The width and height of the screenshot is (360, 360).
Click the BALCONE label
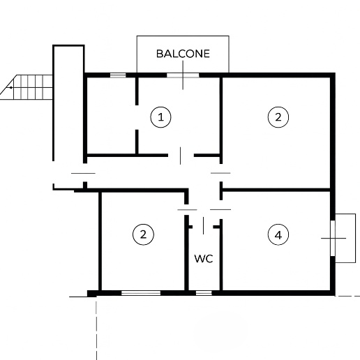coord(183,54)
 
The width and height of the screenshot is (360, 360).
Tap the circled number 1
coord(160,117)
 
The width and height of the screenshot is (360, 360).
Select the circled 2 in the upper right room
coord(278,117)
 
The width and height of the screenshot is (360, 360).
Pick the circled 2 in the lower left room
coord(143,234)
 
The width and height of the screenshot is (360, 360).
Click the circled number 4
coord(278,235)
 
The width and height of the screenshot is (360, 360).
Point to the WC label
coord(204,259)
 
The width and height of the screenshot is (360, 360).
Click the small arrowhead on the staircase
coord(10,87)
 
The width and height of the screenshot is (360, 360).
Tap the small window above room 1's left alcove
coord(118,75)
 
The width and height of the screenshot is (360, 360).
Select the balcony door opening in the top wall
coord(183,75)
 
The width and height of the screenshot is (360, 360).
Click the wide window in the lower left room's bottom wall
coord(141,293)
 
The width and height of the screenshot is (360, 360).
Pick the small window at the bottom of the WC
coord(204,293)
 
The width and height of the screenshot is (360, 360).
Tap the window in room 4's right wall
coord(333,238)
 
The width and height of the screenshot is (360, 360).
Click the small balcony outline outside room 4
coord(355,238)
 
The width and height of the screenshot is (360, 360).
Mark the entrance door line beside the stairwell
coord(83,173)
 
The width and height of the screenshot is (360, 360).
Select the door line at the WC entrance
coord(203,225)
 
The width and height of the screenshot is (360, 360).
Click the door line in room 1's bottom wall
coord(181,156)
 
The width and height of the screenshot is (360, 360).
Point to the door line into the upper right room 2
coord(220,173)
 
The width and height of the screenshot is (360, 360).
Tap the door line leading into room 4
coord(220,209)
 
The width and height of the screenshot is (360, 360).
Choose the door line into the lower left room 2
coord(187,210)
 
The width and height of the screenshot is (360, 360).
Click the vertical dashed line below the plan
coord(96,330)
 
